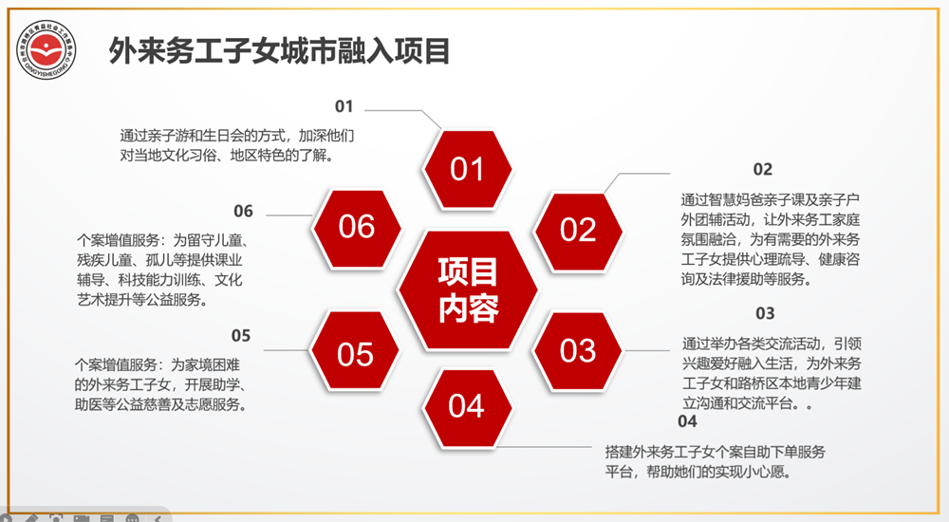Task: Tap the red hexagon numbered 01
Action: [467, 170]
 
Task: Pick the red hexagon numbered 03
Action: [577, 350]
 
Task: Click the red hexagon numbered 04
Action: [466, 407]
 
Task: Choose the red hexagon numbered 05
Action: [356, 353]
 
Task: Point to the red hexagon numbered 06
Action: [357, 227]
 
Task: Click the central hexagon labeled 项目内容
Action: [467, 290]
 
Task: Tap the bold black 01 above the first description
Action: [344, 106]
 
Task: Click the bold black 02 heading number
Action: [763, 170]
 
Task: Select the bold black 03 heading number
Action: [765, 313]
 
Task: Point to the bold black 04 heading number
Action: [687, 421]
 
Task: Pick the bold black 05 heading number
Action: [241, 335]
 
